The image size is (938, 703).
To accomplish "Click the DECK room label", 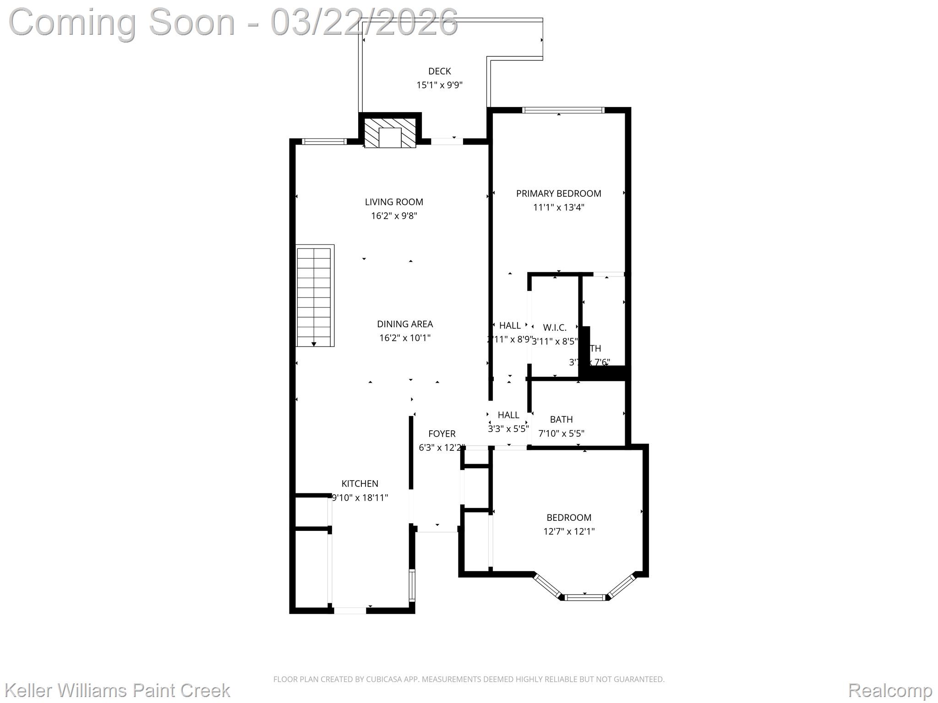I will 439,71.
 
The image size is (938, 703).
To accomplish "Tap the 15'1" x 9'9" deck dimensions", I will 439,85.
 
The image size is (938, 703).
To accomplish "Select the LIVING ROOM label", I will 394,202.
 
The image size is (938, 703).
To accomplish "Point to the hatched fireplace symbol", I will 390,133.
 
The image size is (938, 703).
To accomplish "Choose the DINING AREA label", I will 404,324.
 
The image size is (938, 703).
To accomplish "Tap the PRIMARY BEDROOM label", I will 558,194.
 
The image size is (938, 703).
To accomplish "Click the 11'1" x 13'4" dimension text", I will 558,207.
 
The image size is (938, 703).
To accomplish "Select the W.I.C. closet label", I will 555,328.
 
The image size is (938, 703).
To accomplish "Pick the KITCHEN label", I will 360,484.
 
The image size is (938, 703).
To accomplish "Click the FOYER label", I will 442,434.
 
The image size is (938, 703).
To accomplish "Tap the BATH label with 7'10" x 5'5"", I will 561,420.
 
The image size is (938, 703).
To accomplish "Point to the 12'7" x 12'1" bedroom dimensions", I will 569,532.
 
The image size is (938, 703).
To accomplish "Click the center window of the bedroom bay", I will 585,597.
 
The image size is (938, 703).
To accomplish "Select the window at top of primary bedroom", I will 563,110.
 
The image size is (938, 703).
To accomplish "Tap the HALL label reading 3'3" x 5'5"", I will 508,415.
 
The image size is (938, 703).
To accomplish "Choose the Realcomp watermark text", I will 890,690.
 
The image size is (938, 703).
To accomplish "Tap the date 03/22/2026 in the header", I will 364,22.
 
